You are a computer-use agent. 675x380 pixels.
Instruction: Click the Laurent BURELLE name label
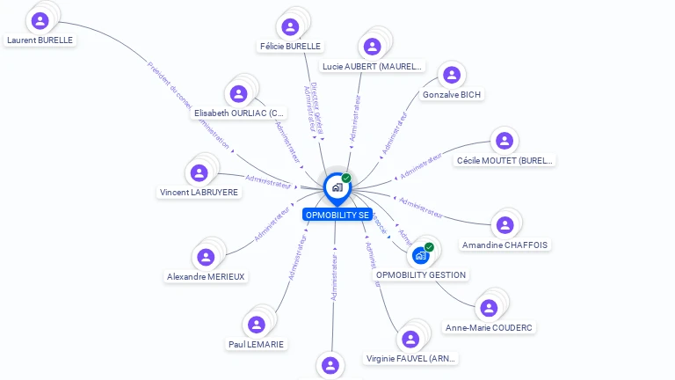[x=40, y=40]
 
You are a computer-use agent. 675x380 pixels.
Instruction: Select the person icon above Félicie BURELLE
[x=290, y=26]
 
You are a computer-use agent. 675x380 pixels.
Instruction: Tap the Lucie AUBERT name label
[x=373, y=66]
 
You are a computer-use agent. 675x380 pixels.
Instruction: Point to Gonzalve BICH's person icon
[x=451, y=76]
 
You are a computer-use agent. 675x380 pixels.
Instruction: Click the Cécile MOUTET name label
[x=505, y=161]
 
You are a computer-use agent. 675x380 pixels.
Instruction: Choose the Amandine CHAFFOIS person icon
[x=504, y=225]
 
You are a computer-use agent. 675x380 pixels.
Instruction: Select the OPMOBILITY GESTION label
[x=421, y=274]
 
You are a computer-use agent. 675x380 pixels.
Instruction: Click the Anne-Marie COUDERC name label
[x=490, y=327]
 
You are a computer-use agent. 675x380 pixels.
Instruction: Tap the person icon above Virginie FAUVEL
[x=410, y=339]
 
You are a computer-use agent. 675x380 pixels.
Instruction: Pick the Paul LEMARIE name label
[x=256, y=344]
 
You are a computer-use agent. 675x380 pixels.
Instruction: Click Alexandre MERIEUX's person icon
[x=206, y=257]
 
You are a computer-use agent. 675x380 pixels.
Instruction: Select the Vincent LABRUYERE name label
[x=199, y=192]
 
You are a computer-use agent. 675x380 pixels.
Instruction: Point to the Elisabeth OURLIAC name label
[x=240, y=113]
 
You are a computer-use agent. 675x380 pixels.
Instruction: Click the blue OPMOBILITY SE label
[x=337, y=215]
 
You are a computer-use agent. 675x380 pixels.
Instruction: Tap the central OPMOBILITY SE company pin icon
[x=337, y=187]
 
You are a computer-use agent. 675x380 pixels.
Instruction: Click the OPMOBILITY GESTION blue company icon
[x=420, y=256]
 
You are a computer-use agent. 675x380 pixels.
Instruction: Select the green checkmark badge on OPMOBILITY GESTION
[x=429, y=247]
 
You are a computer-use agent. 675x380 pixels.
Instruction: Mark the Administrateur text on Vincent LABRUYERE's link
[x=268, y=180]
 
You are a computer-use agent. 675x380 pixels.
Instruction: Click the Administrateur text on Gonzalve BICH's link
[x=395, y=133]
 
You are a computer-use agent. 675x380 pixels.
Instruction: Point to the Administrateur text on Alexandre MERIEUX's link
[x=272, y=223]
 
